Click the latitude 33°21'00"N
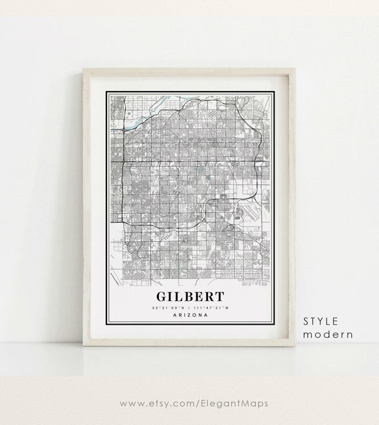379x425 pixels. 168,307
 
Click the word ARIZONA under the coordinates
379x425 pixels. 189,315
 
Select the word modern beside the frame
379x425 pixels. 328,334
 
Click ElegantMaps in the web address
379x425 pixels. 229,402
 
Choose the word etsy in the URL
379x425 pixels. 159,402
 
